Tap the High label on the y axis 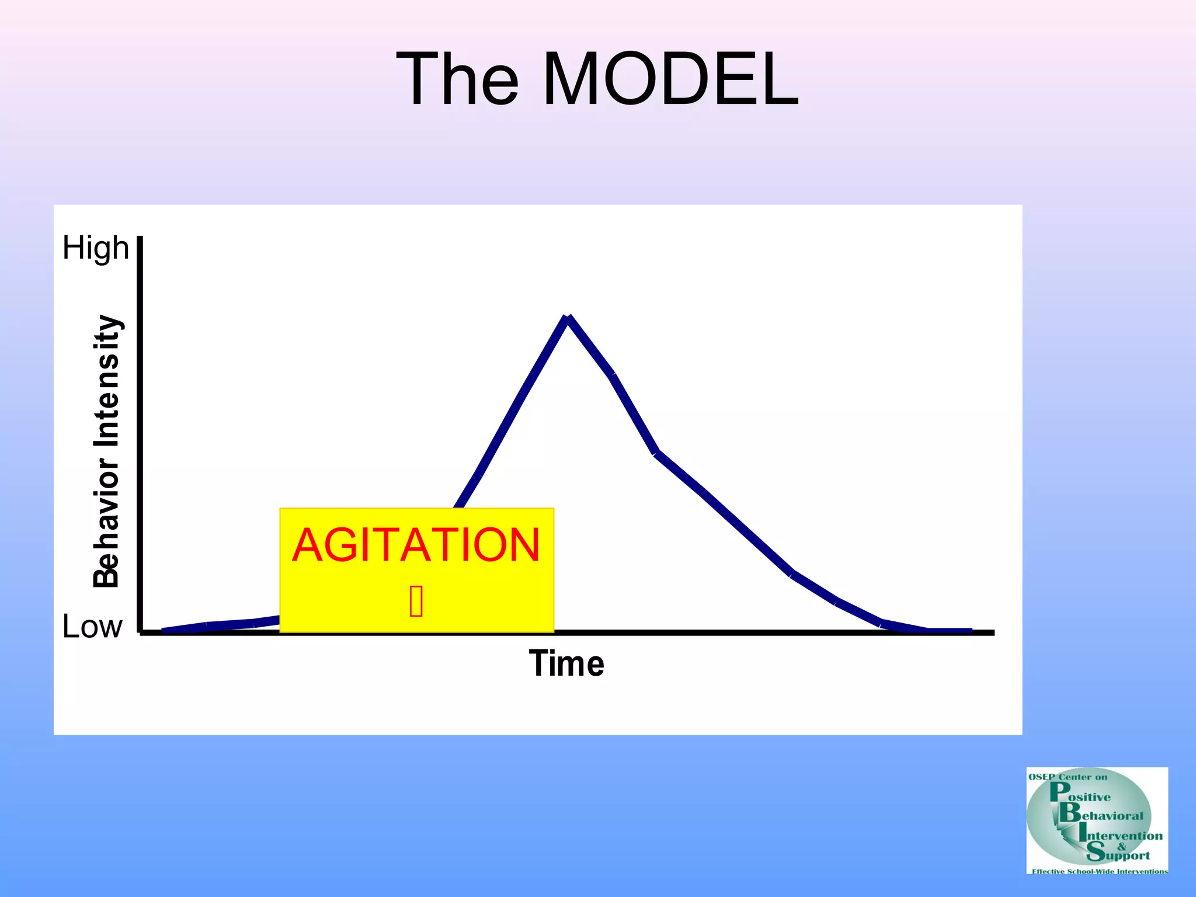coord(95,248)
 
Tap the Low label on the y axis coord(92,627)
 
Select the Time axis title coord(566,664)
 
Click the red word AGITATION coord(416,545)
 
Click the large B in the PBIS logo coord(1070,812)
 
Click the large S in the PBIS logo coord(1096,852)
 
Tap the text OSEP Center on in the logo coord(1068,777)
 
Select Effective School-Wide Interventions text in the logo coord(1100,871)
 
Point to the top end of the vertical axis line coord(140,238)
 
